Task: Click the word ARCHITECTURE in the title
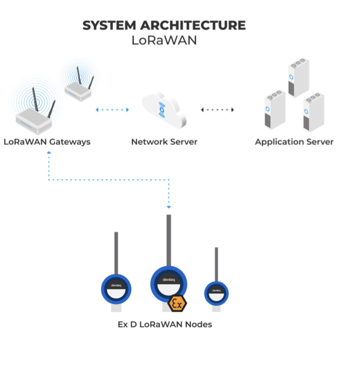pyautogui.click(x=193, y=25)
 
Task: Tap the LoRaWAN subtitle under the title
pyautogui.click(x=164, y=40)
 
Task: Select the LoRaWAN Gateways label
pyautogui.click(x=47, y=142)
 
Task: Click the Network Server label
pyautogui.click(x=165, y=142)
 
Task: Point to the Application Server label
pyautogui.click(x=294, y=142)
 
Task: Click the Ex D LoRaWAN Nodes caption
pyautogui.click(x=165, y=324)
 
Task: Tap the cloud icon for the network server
pyautogui.click(x=164, y=110)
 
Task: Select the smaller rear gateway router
pyautogui.click(x=79, y=86)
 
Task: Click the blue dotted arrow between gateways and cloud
pyautogui.click(x=112, y=110)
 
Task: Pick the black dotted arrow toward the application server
pyautogui.click(x=217, y=110)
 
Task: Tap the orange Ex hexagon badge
pyautogui.click(x=177, y=303)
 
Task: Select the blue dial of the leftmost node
pyautogui.click(x=103, y=289)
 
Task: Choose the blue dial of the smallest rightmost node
pyautogui.click(x=206, y=293)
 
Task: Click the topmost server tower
pyautogui.click(x=299, y=78)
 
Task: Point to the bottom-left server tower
pyautogui.click(x=275, y=110)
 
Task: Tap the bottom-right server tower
pyautogui.click(x=314, y=112)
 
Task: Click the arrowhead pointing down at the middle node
pyautogui.click(x=169, y=207)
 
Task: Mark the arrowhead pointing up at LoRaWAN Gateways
pyautogui.click(x=49, y=153)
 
